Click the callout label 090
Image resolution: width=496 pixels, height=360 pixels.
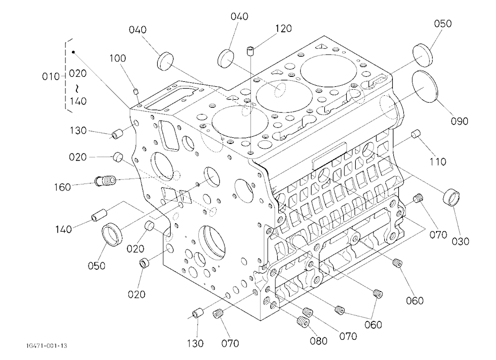459,121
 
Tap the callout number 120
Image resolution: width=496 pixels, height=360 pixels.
283,28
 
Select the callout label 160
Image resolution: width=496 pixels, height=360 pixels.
62,187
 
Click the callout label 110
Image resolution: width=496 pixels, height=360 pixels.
437,162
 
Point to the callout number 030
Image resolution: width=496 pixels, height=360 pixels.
460,241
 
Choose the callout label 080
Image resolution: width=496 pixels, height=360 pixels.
318,341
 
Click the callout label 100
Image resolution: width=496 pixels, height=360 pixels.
118,58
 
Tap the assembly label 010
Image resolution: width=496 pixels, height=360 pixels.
51,76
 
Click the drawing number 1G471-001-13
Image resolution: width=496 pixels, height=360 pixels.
47,346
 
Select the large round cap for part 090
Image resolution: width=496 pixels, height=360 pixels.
425,86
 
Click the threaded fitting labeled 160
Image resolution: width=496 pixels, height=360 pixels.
106,181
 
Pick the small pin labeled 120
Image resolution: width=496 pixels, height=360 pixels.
251,51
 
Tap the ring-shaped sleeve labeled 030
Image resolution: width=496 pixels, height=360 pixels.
451,198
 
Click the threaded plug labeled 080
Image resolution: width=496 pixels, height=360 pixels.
303,322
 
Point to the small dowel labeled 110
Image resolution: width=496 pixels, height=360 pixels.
415,134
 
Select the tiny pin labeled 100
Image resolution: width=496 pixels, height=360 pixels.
135,91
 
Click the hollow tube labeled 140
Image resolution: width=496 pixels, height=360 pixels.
99,215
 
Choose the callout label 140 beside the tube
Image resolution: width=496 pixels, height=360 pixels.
63,229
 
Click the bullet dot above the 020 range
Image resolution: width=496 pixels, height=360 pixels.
73,52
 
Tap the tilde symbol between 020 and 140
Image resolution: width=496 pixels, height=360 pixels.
77,87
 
